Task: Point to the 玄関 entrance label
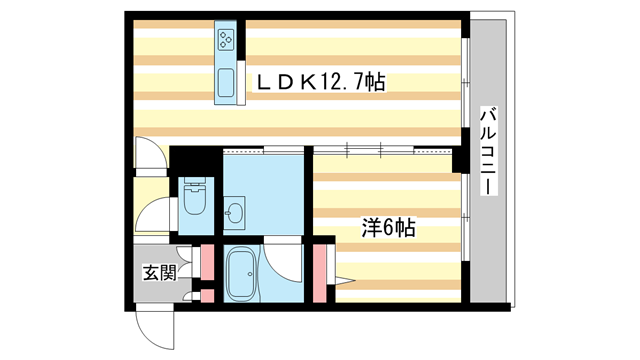(158, 271)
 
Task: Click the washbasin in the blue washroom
(236, 212)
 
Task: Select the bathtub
(243, 271)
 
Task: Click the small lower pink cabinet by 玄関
(208, 295)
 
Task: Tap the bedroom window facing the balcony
(466, 215)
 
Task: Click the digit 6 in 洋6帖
(387, 228)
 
